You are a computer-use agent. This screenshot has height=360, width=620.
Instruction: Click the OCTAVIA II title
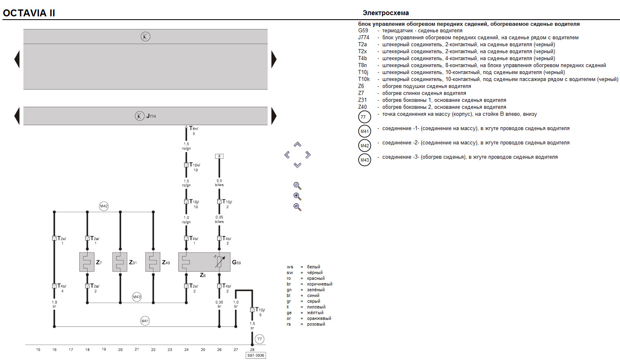(x=29, y=13)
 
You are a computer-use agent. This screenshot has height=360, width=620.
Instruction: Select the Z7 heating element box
(x=87, y=262)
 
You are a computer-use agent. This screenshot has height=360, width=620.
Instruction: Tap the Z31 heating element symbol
(x=120, y=262)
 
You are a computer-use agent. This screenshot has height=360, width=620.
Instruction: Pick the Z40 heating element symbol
(x=153, y=262)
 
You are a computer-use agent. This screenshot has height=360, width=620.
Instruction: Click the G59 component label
(x=236, y=262)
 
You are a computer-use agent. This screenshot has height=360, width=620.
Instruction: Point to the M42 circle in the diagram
(x=104, y=206)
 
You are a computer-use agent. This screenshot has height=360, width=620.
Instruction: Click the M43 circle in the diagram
(x=137, y=297)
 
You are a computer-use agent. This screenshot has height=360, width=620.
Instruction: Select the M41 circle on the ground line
(x=145, y=321)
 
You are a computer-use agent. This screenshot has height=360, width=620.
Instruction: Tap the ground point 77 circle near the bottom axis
(x=259, y=339)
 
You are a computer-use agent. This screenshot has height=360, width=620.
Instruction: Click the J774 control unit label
(x=151, y=116)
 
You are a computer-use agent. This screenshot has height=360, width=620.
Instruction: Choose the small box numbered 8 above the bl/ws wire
(x=219, y=156)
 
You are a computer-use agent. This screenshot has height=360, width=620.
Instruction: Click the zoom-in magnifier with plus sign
(x=297, y=196)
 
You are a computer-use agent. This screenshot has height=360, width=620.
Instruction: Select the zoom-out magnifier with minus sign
(x=297, y=207)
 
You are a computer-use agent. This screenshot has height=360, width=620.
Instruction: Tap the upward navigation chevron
(x=298, y=144)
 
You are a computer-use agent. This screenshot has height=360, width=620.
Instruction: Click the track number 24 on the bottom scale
(x=186, y=350)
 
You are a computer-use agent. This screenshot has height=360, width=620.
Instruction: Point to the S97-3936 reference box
(x=256, y=355)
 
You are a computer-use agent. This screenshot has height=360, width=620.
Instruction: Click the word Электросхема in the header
(x=386, y=13)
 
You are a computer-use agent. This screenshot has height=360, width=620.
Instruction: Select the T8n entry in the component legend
(x=362, y=65)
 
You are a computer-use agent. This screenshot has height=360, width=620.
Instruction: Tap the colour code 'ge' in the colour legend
(x=289, y=313)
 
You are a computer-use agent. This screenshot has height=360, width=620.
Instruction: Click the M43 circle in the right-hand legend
(x=364, y=160)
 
